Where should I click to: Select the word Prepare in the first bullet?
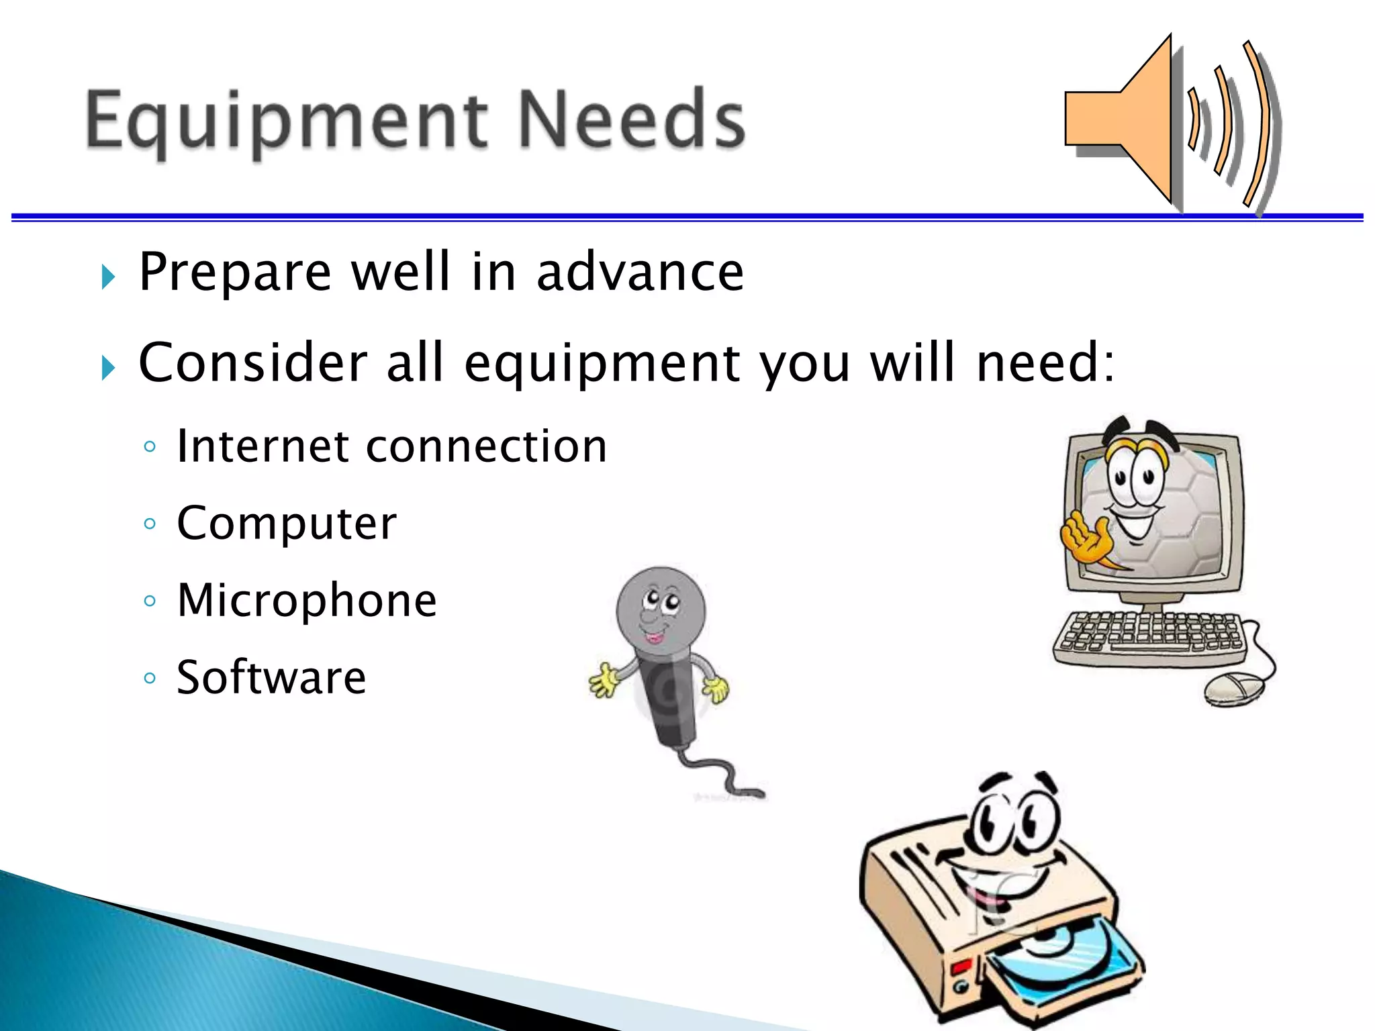click(x=235, y=272)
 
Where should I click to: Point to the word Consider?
click(x=252, y=362)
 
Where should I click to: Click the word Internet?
click(x=262, y=446)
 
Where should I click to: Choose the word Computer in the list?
click(x=286, y=524)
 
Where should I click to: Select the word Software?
click(x=271, y=677)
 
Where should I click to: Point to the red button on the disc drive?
click(x=961, y=967)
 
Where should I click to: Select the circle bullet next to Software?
click(x=150, y=678)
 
